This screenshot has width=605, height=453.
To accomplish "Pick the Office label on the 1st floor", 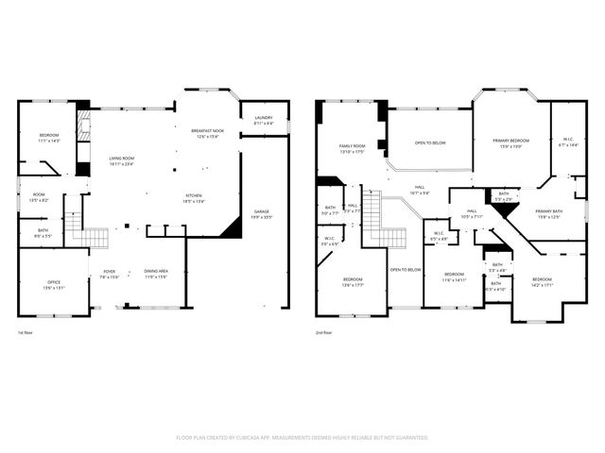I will [x=54, y=285].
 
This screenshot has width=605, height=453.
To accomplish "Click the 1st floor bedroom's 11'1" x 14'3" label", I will [x=49, y=138].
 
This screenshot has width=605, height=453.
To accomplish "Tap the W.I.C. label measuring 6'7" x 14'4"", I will [x=568, y=143].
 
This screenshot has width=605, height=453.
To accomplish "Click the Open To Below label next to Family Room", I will [x=430, y=143].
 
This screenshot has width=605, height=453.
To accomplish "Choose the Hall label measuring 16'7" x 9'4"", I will [x=418, y=190].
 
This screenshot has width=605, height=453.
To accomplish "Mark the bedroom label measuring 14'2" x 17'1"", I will [x=542, y=281].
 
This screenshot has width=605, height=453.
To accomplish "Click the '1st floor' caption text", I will [x=26, y=333].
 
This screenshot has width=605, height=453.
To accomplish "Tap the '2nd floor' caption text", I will [x=323, y=333].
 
